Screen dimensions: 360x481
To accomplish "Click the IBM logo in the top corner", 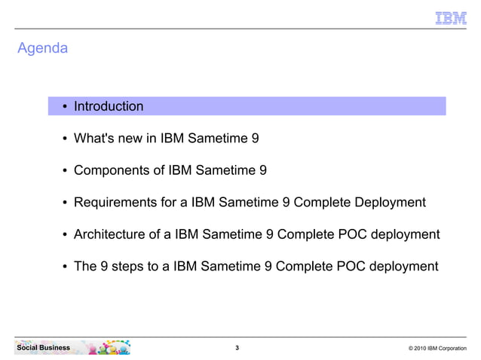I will pos(451,18).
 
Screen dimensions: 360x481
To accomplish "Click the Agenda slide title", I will pos(42,49).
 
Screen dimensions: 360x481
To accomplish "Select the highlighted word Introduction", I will pos(108,106).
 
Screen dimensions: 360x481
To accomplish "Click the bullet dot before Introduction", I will pos(66,107).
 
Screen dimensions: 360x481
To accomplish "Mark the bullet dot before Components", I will pos(66,171).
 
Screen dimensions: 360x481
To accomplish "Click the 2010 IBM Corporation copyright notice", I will pos(437,349).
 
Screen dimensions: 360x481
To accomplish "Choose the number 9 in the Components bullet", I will pos(262,170).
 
